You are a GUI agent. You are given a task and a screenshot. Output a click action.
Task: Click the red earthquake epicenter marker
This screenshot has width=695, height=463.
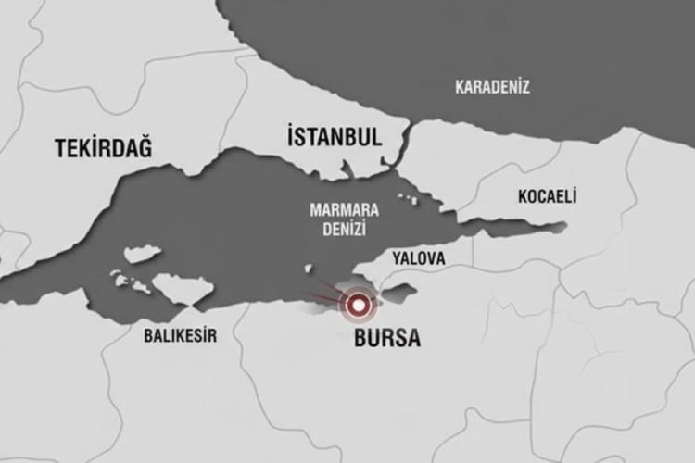point(358,302)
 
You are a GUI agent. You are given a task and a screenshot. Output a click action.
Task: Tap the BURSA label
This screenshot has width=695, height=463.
point(387,339)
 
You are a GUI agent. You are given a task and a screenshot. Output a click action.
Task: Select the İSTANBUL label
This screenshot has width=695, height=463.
point(333,138)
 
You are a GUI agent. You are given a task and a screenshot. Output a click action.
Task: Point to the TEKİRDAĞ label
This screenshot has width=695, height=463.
point(103,148)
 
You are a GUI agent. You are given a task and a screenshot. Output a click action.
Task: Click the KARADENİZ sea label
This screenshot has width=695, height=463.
point(492,87)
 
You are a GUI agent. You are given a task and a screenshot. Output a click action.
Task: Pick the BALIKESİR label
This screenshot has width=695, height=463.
point(180,336)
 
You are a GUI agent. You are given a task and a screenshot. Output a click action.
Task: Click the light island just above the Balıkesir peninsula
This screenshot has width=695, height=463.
point(142,254)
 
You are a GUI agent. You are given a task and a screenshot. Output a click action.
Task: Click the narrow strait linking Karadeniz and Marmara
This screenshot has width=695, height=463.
point(406,139)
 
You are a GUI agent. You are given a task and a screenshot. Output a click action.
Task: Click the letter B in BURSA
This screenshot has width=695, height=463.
point(361,339)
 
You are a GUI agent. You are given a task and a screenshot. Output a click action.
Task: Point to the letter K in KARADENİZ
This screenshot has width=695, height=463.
point(459,87)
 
